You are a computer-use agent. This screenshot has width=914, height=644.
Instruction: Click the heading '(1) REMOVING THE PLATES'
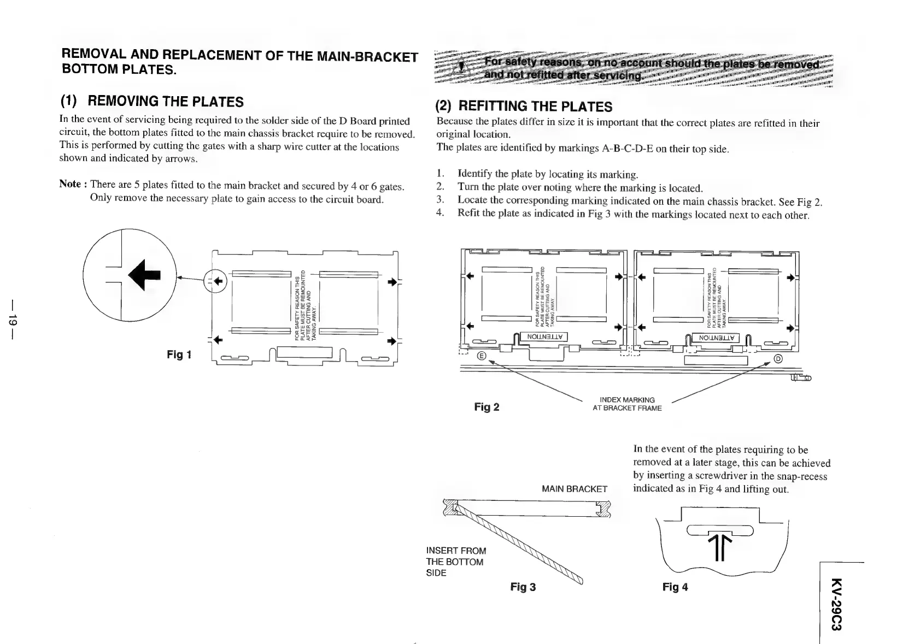point(152,102)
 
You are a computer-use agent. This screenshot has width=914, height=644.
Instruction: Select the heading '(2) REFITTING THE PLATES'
point(523,106)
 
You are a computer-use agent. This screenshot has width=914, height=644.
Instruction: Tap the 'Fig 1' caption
point(179,355)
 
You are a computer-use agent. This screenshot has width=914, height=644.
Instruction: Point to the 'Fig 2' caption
point(487,407)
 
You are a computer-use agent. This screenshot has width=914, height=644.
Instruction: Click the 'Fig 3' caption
point(523,587)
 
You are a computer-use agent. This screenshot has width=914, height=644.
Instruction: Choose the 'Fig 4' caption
point(675,587)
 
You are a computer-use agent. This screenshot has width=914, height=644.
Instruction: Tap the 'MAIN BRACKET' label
point(574,489)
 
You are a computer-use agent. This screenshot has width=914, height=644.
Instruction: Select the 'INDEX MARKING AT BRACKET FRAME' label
point(627,404)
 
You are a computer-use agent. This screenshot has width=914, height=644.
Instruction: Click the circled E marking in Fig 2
point(482,356)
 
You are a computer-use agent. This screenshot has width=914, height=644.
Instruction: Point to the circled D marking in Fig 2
point(778,358)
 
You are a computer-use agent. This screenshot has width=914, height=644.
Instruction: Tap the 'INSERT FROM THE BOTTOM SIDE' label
point(455,562)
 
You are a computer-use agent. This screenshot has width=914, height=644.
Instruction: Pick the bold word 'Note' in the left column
point(70,184)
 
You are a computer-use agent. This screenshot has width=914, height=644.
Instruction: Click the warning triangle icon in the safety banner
point(461,68)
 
